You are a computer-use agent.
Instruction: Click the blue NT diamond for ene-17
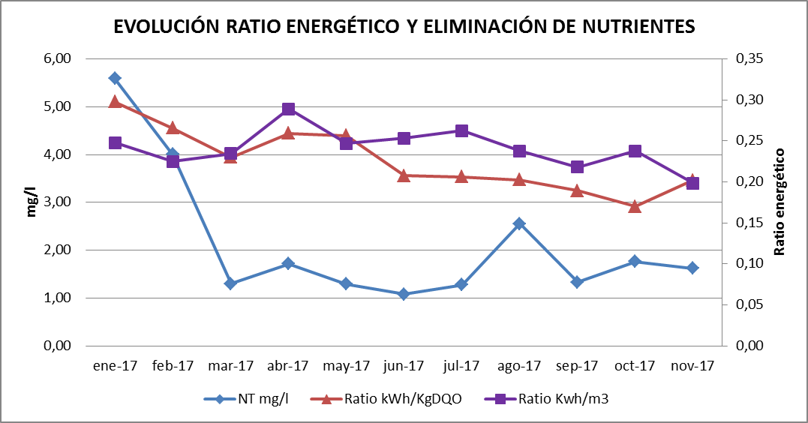coord(115,78)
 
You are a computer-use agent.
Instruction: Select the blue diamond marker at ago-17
coord(519,223)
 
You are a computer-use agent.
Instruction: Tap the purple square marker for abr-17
coord(288,109)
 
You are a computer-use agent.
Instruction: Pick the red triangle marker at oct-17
coord(635,206)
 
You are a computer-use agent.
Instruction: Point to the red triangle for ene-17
coord(115,101)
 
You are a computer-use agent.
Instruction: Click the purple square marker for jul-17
coord(461,131)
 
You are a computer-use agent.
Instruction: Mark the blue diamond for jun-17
coord(404,294)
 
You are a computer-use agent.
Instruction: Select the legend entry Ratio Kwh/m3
coord(563,399)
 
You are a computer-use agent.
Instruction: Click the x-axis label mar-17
coord(230,366)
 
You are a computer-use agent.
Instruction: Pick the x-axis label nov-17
coord(692,366)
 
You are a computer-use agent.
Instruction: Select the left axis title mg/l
coord(31,202)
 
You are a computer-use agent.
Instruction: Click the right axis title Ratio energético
coord(779,202)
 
